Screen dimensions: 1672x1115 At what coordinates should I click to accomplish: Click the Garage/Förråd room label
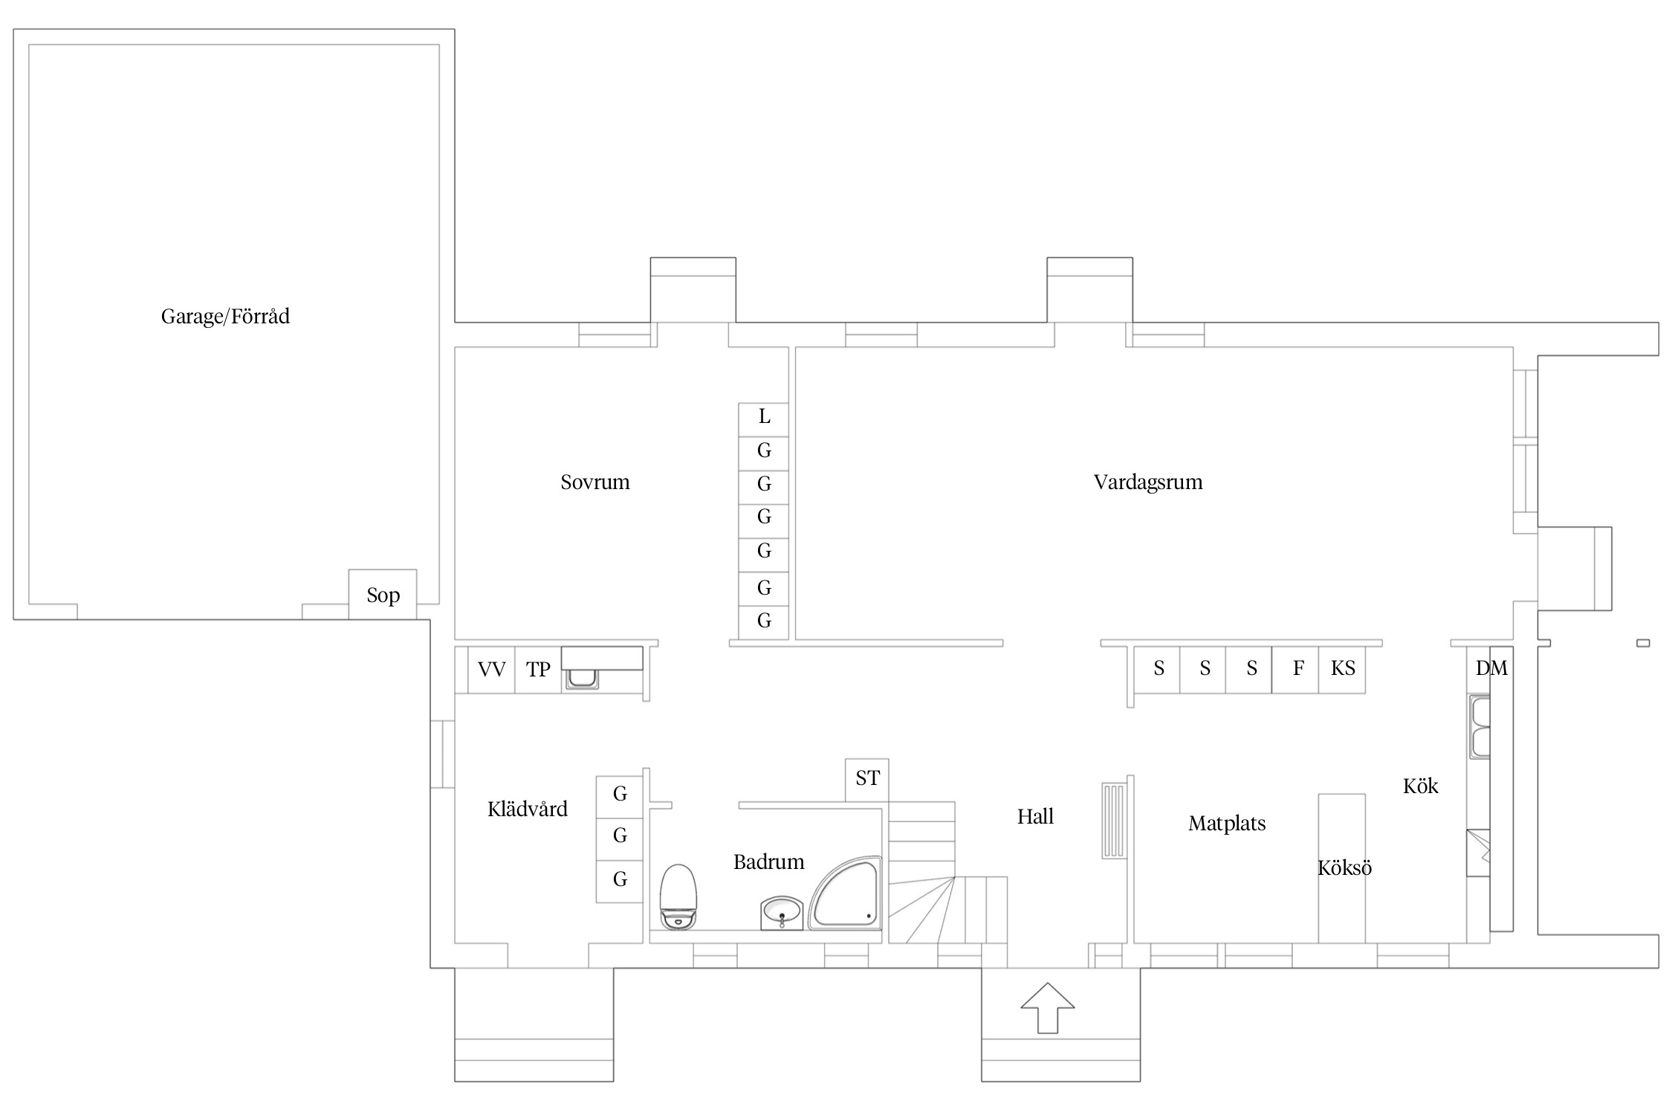[225, 317]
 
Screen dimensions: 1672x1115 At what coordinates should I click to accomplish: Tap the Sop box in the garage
[383, 595]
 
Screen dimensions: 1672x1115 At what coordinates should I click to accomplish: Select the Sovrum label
[595, 482]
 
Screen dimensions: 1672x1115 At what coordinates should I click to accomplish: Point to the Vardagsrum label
[1148, 482]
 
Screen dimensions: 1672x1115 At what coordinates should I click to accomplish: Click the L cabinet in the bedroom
[764, 419]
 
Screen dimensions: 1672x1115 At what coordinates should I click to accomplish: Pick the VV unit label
[492, 670]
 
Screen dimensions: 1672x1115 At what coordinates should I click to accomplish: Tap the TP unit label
[538, 670]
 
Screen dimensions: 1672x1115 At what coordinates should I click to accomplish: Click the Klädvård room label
[528, 809]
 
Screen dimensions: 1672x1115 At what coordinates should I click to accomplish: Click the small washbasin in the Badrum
[782, 912]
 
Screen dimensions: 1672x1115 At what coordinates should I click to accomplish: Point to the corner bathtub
[845, 893]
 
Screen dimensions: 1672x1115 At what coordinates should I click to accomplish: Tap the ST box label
[867, 778]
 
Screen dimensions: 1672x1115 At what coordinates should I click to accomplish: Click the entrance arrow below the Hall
[1048, 1007]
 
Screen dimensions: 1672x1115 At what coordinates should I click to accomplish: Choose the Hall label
[1035, 817]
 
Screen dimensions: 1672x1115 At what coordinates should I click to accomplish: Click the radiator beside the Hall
[1113, 821]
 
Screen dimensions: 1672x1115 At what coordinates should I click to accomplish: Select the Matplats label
[1227, 824]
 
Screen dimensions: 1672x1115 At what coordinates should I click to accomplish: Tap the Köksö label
[1344, 867]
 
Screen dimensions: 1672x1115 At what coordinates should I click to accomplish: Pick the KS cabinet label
[1343, 668]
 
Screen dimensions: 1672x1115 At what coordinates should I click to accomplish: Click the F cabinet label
[1298, 668]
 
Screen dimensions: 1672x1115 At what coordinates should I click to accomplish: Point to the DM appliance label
[1491, 668]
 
